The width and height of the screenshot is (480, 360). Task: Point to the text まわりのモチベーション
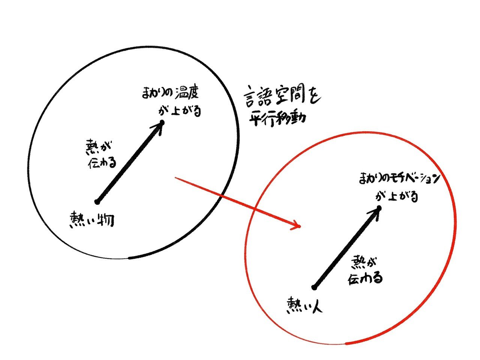click(x=399, y=179)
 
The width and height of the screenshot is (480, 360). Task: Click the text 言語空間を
click(x=282, y=97)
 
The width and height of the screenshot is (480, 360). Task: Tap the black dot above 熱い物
click(x=97, y=202)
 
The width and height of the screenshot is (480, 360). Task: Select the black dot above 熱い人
click(x=314, y=288)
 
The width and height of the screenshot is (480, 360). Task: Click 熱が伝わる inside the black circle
click(x=101, y=154)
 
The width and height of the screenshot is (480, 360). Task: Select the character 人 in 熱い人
click(x=316, y=306)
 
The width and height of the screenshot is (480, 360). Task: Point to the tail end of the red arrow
click(x=175, y=178)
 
